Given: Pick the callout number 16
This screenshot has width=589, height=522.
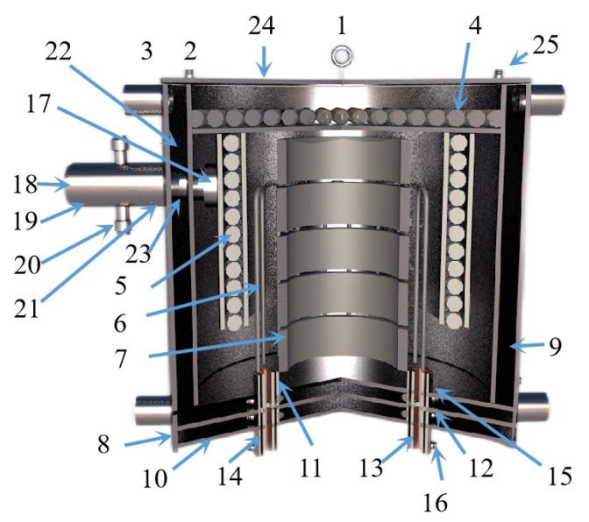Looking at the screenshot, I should click(x=436, y=504).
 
